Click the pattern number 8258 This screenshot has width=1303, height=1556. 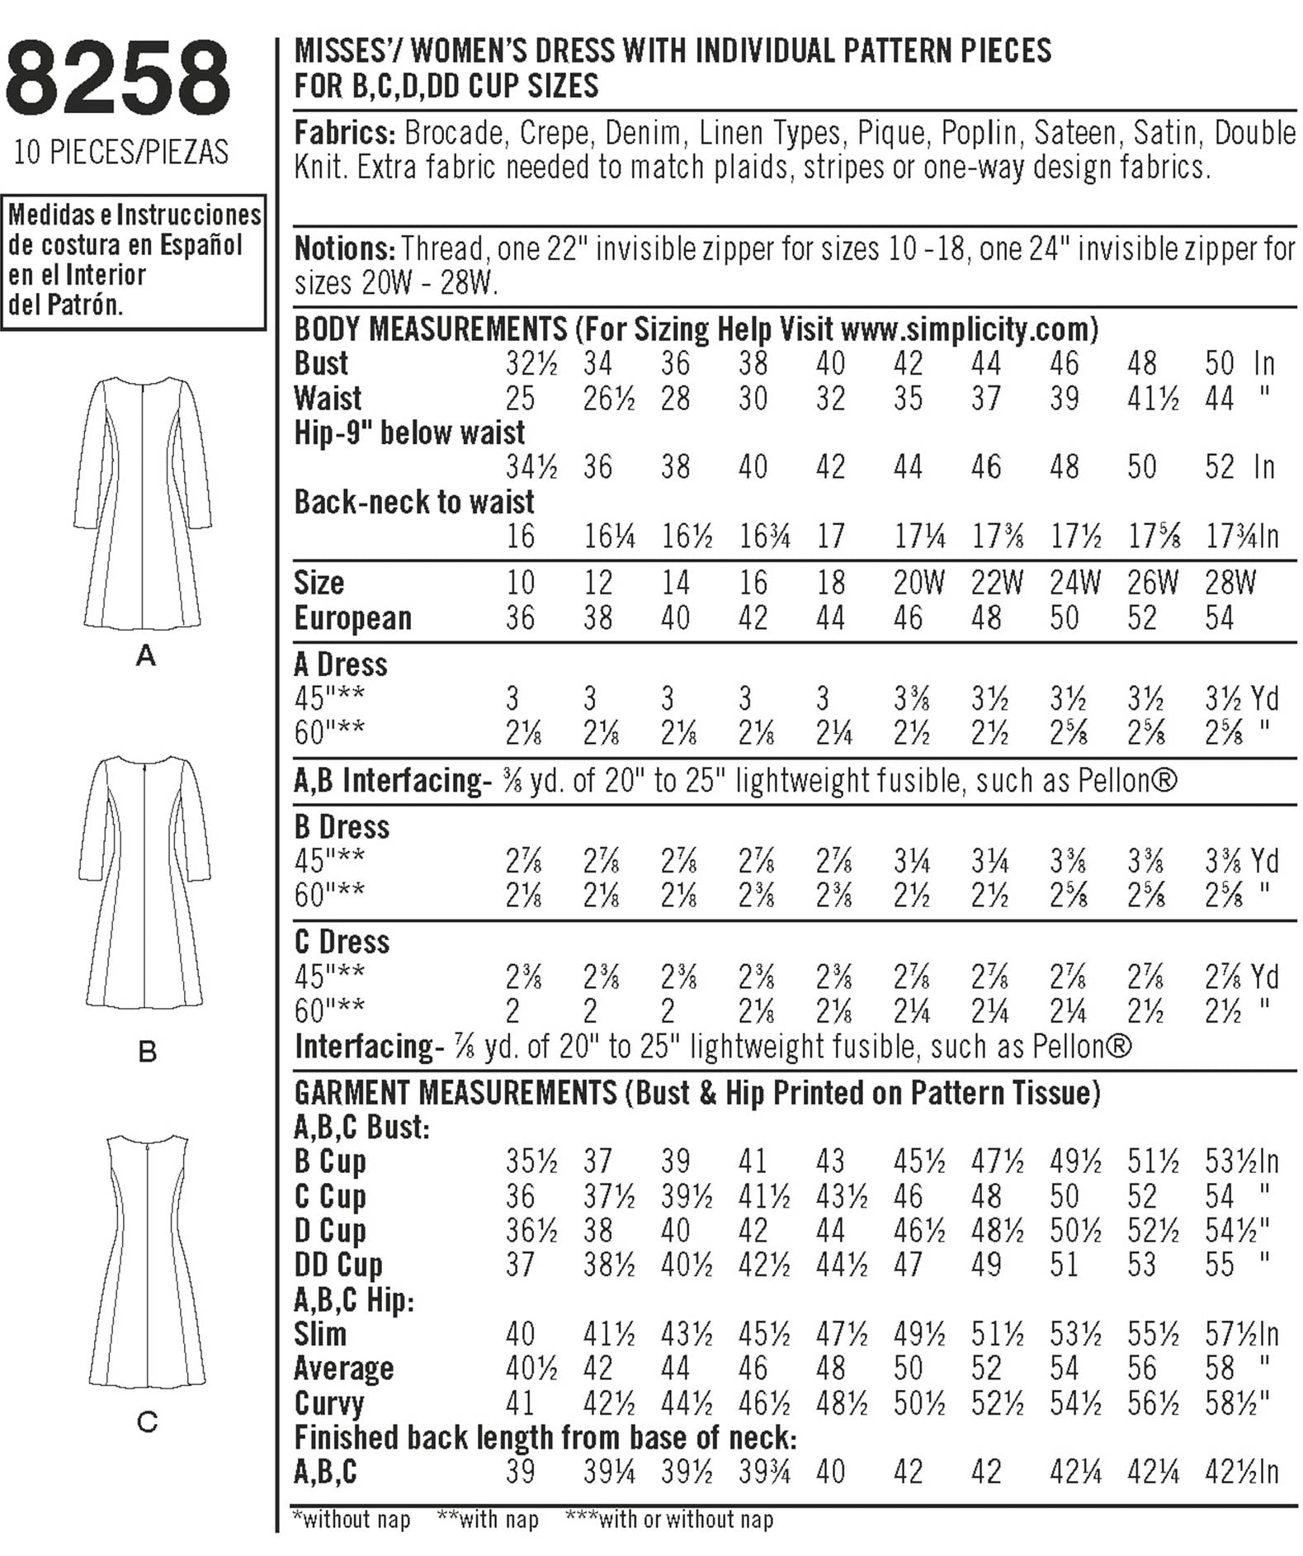[x=118, y=78]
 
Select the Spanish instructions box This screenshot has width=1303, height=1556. [x=134, y=261]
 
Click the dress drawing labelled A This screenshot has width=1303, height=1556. [x=143, y=503]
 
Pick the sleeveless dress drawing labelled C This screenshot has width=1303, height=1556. [x=147, y=1262]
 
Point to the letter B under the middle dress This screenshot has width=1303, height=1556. [x=147, y=1052]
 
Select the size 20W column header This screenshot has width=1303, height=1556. [x=918, y=583]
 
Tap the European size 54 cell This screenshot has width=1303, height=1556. [x=1219, y=617]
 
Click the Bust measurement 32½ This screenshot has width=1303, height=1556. [x=531, y=363]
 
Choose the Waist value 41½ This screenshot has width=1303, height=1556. [x=1153, y=399]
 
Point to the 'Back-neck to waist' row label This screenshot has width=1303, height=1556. [x=414, y=502]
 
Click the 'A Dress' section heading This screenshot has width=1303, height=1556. [x=340, y=664]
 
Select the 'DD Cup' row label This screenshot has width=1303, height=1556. [x=338, y=1265]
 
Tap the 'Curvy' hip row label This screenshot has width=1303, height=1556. [x=328, y=1403]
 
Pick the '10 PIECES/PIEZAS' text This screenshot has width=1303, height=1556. [x=120, y=152]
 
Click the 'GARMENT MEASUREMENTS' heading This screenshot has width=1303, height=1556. [x=456, y=1093]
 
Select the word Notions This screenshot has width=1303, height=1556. [x=343, y=248]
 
